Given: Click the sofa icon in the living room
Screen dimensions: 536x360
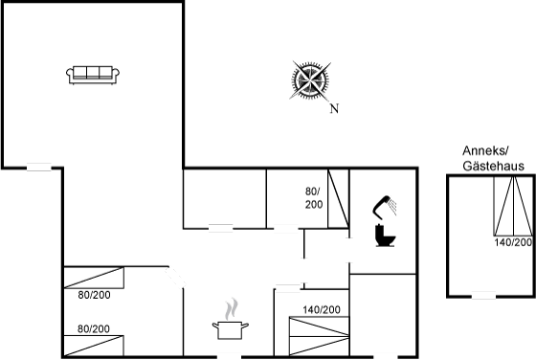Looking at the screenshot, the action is point(93,75).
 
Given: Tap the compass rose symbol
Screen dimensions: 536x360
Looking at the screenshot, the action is point(310,80).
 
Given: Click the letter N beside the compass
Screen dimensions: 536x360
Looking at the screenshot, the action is point(334,109).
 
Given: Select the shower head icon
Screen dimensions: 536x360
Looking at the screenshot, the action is point(385,207).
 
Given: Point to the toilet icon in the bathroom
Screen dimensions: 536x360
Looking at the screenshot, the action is point(385,236).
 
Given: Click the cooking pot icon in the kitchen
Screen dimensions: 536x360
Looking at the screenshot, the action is point(231,330).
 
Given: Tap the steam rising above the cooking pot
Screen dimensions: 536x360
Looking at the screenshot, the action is point(232,309).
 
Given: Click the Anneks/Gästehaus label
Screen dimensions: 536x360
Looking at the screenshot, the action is point(493,158).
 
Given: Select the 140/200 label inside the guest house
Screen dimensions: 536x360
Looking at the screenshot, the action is point(513,242).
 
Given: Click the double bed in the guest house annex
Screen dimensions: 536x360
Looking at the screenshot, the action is point(513,206).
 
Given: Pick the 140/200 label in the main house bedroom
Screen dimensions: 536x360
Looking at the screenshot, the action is point(322,310).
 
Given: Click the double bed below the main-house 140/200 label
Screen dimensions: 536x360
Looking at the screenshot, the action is point(320,336).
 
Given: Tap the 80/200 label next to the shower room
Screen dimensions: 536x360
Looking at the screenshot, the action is point(314,198).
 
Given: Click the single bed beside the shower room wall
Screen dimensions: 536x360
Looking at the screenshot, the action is point(338,198).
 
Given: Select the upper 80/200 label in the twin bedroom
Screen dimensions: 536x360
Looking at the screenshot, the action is point(94,295).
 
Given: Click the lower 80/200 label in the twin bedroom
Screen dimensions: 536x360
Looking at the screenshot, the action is point(94,329).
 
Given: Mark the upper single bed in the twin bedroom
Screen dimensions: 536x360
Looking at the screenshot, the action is point(94,278).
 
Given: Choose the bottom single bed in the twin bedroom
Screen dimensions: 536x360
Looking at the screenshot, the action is point(94,346).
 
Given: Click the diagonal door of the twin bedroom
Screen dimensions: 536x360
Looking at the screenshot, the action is point(176,278).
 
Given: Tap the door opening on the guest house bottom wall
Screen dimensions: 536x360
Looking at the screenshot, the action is point(483,296).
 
